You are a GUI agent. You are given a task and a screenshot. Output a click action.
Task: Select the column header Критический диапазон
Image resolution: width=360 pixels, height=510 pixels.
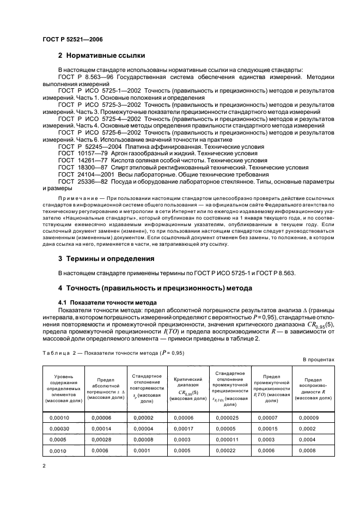click(x=187, y=388)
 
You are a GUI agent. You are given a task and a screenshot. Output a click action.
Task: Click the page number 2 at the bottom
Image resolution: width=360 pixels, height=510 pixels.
click(x=44, y=466)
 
